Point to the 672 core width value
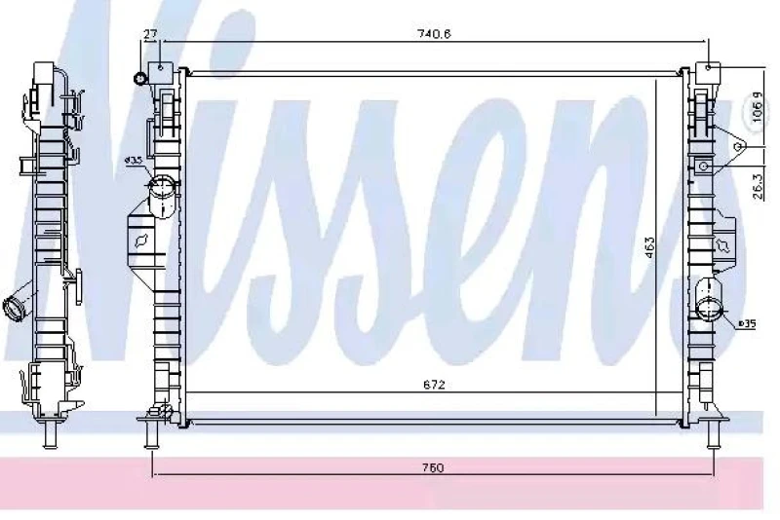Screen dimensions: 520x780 point(434,385)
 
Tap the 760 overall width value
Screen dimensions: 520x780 point(433,468)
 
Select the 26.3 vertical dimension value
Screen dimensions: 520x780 point(757,185)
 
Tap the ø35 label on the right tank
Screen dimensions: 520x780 point(748,323)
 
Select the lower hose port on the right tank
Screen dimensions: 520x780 point(709,311)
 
